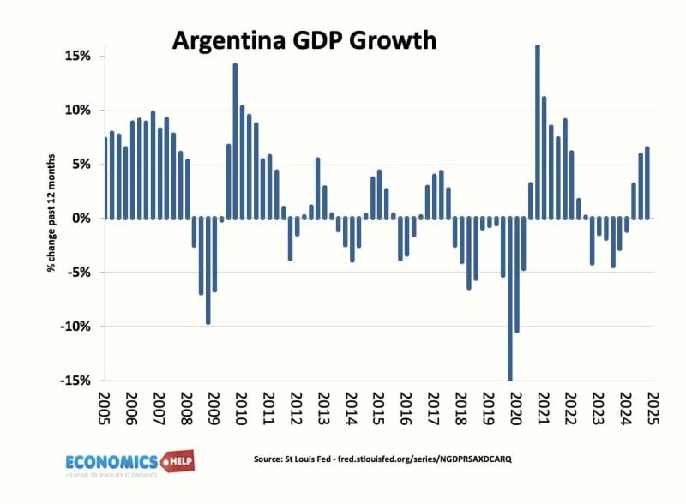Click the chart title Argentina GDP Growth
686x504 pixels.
[304, 40]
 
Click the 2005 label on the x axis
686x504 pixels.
[105, 410]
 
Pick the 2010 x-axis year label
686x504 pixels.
[241, 410]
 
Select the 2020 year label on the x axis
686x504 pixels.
[515, 410]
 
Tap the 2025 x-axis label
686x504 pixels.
[653, 410]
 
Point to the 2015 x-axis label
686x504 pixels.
[378, 410]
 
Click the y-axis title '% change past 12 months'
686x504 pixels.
[52, 219]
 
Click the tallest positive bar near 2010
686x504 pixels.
[235, 141]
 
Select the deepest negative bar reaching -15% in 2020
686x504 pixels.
[510, 299]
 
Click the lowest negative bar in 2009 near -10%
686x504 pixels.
[208, 271]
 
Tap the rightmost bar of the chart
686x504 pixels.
[647, 183]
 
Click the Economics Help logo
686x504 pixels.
[129, 463]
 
